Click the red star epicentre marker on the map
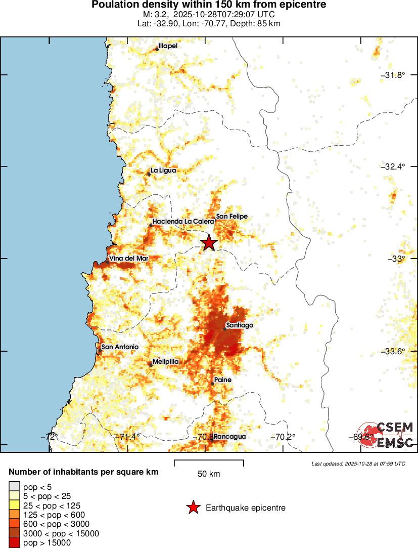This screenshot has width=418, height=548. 209,243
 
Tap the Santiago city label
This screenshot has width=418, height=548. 240,325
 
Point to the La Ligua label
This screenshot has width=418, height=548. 164,171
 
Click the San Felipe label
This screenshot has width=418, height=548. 231,217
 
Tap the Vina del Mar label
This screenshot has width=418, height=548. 129,259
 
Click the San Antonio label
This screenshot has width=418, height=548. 120,347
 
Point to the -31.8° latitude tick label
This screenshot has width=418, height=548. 395,75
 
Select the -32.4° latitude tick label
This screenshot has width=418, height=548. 395,166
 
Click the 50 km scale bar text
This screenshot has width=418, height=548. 208,474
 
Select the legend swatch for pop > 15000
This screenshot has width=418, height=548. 15,542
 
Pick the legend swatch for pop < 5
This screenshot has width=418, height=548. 15,487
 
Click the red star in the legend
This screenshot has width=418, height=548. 193,508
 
